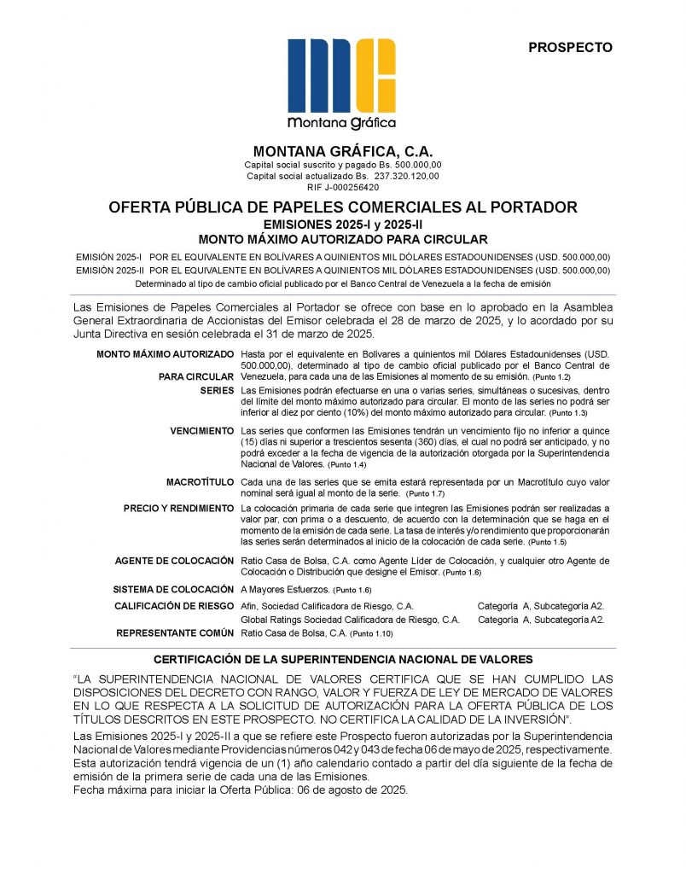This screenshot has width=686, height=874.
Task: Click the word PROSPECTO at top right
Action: tap(570, 48)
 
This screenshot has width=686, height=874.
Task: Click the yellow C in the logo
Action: tap(375, 77)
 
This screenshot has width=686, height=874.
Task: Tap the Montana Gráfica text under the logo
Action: tap(342, 121)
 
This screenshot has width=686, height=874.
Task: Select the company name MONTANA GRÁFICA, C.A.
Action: tap(342, 151)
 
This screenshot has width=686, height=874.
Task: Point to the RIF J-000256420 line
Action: tap(342, 187)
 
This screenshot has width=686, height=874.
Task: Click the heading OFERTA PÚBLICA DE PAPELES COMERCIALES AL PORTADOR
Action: tap(342, 207)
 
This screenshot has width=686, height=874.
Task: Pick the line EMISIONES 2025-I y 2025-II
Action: tap(342, 224)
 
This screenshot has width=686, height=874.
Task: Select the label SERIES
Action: tap(217, 390)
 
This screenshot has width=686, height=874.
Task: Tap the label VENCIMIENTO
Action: tap(202, 431)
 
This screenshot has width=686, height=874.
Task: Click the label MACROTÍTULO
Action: tap(200, 482)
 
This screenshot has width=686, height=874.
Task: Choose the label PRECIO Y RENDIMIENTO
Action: tap(178, 509)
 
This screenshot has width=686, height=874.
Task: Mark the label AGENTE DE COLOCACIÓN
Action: tap(174, 561)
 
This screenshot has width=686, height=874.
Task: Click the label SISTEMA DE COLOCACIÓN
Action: tap(173, 590)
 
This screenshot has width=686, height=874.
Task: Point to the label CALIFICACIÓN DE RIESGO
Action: tap(173, 605)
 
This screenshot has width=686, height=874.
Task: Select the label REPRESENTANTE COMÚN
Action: tap(175, 633)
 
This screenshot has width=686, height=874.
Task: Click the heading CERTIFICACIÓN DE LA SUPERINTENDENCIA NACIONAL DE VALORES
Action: tap(342, 660)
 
